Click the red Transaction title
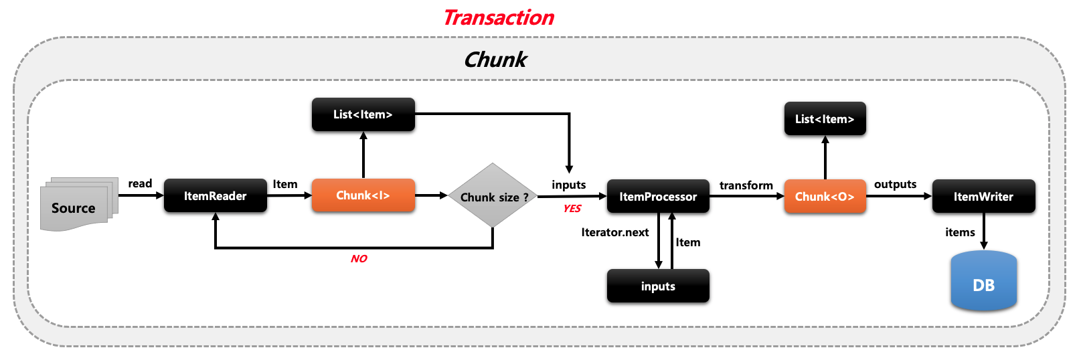[499, 17]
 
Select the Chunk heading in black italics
[495, 60]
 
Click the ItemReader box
[215, 196]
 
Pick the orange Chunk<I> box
[363, 195]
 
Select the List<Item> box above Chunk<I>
[363, 114]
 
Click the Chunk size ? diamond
[493, 196]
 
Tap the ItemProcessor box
[657, 197]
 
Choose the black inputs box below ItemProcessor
[657, 286]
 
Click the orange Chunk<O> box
[824, 197]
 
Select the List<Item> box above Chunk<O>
[824, 119]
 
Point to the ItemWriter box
[983, 197]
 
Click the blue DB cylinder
[983, 282]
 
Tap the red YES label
[572, 209]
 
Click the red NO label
[359, 259]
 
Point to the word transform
[746, 185]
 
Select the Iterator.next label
[614, 232]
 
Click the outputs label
[895, 184]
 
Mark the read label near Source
[140, 183]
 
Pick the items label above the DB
[960, 232]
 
